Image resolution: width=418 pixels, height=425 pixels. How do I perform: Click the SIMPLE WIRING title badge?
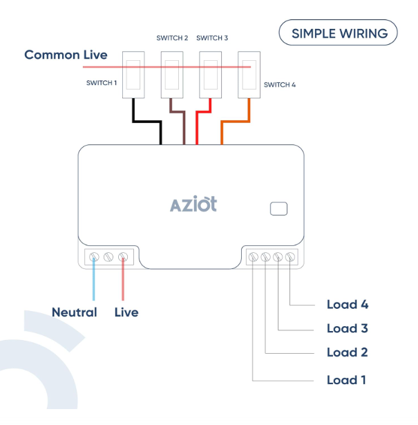[338, 32]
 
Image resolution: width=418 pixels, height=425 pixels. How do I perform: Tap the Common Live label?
[66, 55]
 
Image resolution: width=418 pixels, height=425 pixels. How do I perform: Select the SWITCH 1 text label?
[102, 82]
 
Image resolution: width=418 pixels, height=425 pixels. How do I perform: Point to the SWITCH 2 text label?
[172, 38]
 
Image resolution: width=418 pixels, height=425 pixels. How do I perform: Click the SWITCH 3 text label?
[212, 38]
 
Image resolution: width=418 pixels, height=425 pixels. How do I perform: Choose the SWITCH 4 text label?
[280, 84]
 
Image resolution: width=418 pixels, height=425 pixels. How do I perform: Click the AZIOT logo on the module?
[193, 205]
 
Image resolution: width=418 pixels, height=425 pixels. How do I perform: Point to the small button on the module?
[278, 208]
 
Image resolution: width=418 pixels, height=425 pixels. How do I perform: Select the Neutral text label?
[74, 312]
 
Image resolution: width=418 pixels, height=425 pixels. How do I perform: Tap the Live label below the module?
[126, 312]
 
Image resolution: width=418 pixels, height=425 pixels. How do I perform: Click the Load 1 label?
[346, 380]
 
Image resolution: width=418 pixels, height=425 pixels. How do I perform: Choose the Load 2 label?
[347, 352]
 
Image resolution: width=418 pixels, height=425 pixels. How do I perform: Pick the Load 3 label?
[347, 328]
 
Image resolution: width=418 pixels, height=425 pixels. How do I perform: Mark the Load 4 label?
[347, 304]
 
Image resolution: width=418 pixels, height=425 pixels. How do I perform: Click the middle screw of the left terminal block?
[108, 257]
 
